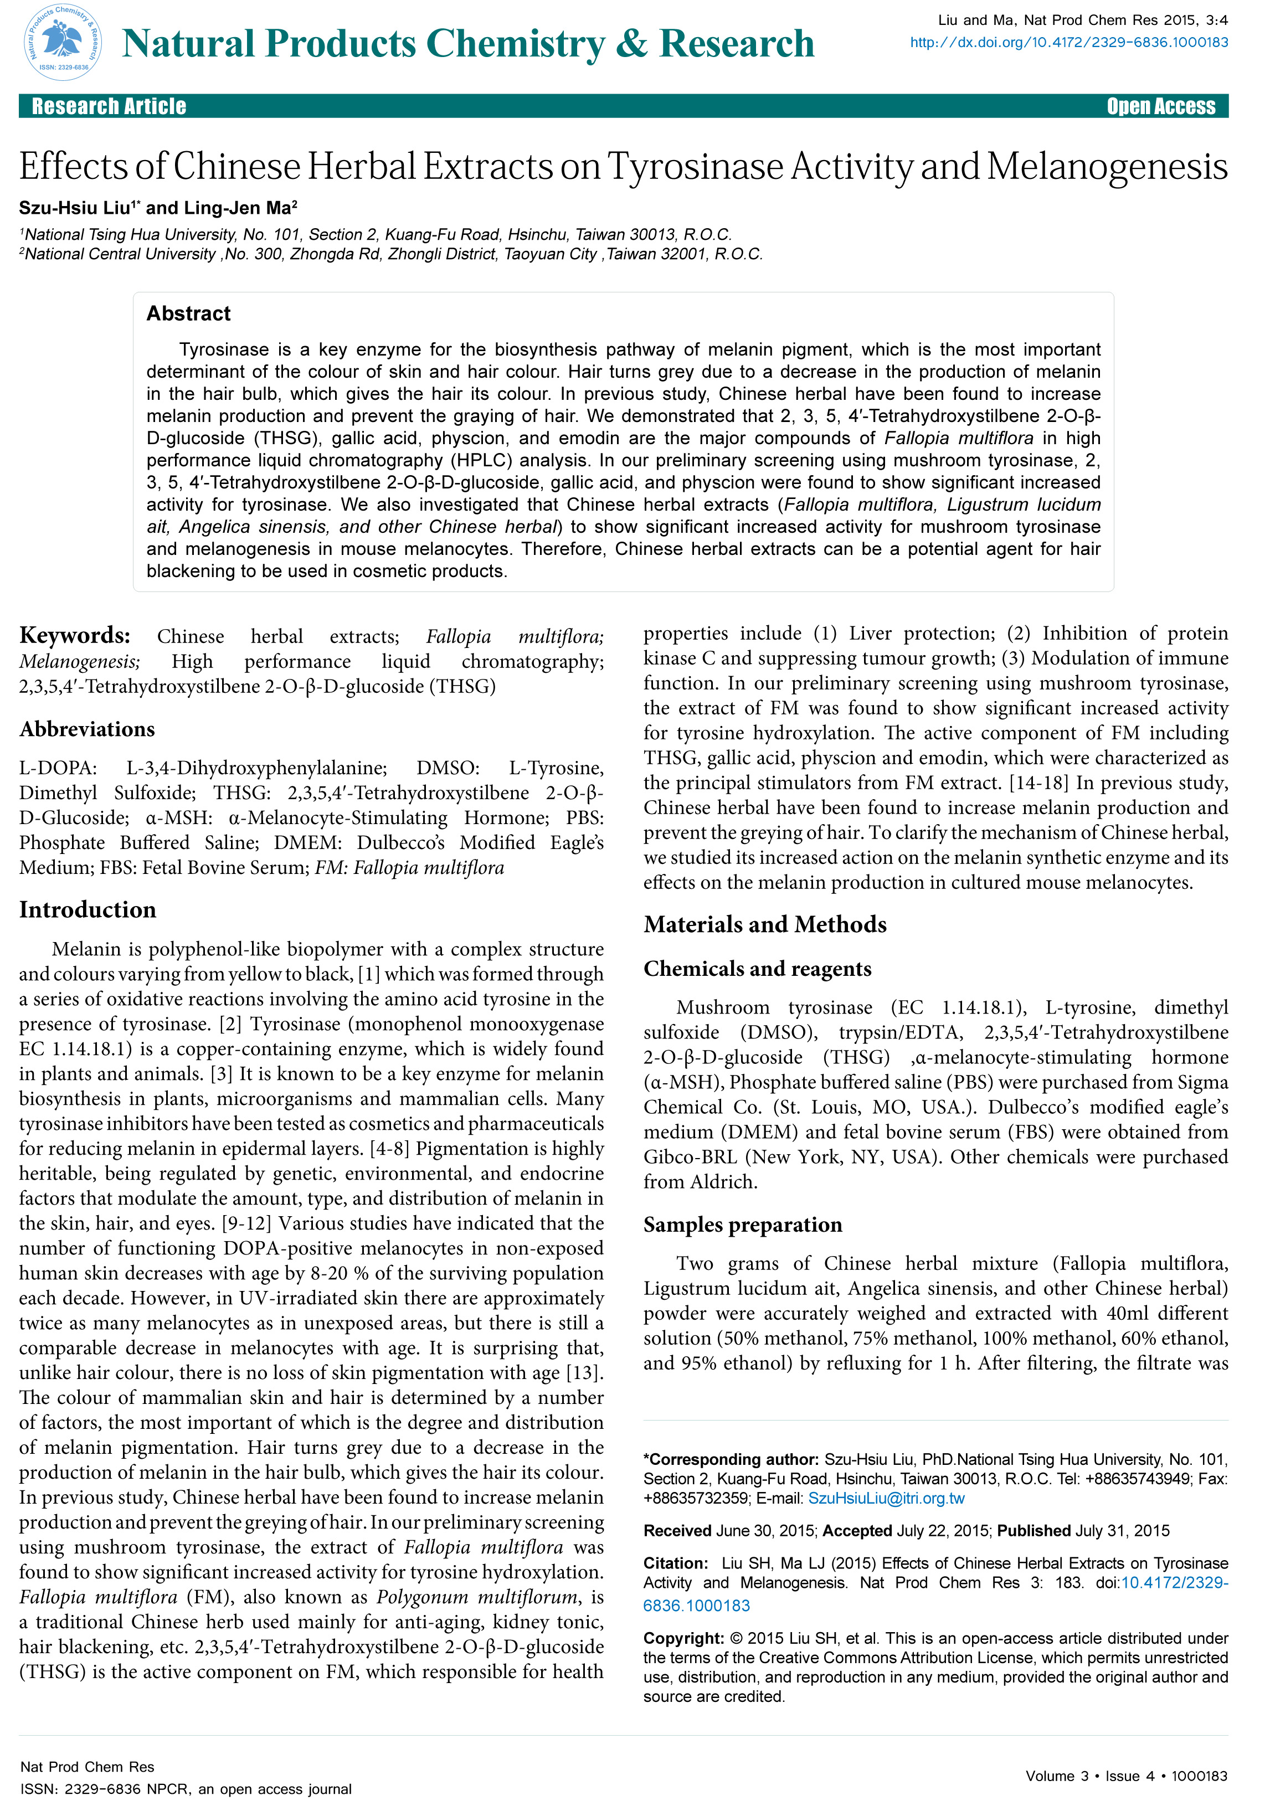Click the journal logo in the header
click(63, 42)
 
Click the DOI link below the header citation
click(1069, 43)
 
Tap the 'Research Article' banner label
click(109, 106)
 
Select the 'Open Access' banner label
click(1160, 106)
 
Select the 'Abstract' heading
click(188, 314)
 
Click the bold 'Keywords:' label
click(75, 636)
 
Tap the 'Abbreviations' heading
click(87, 729)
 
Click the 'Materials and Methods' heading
click(764, 924)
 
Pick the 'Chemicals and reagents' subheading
click(757, 969)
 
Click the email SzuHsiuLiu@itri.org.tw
click(886, 1498)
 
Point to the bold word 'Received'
click(677, 1530)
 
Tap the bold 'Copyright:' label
click(683, 1638)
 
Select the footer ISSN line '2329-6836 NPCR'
click(186, 1789)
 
